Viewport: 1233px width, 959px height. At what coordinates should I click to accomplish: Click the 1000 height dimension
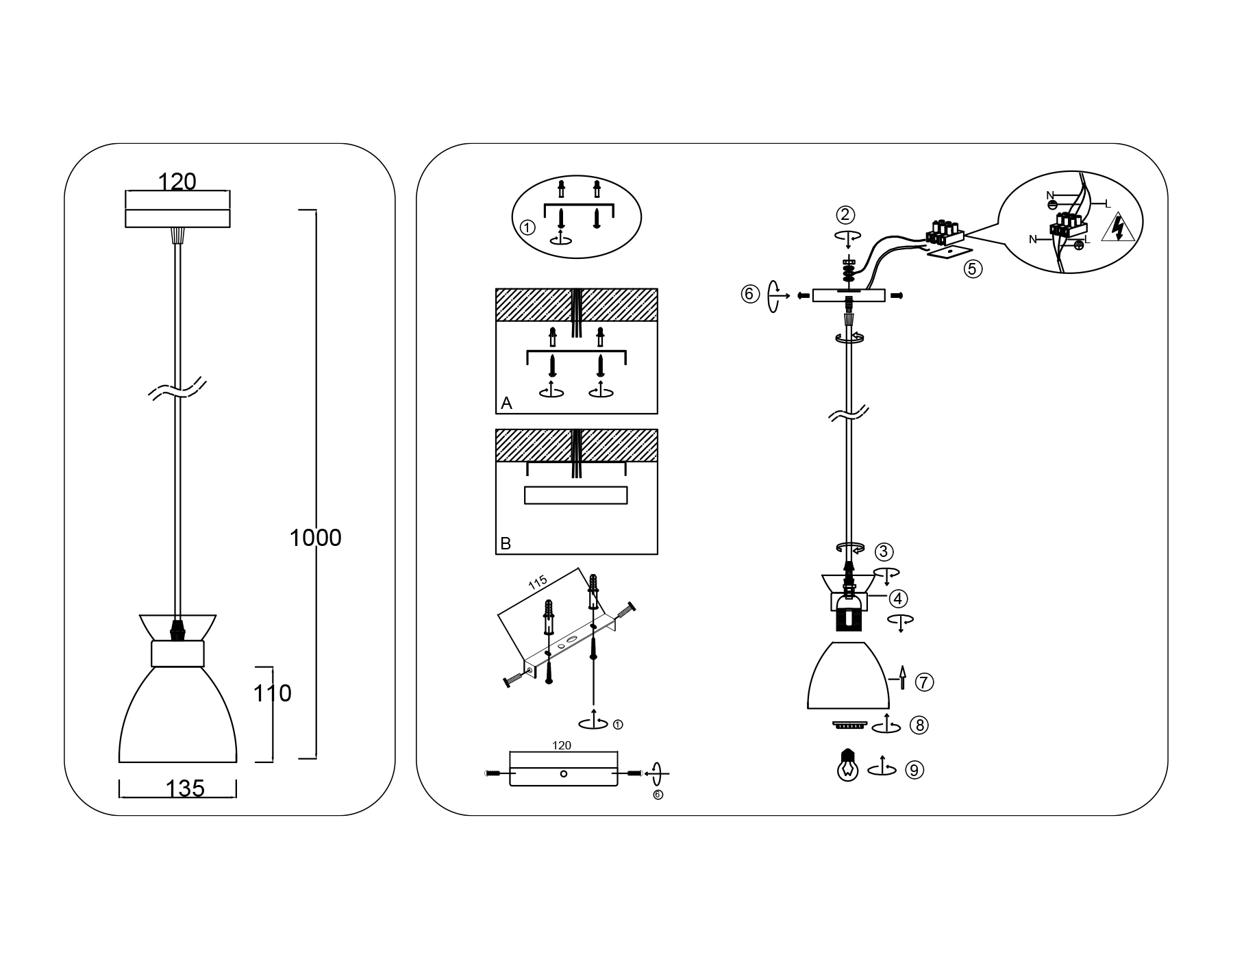click(315, 538)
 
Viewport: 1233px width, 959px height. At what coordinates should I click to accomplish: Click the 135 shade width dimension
click(185, 789)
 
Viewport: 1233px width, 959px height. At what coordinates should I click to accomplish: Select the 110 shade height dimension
click(273, 694)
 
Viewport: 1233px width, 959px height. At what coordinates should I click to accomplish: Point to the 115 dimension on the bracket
click(538, 582)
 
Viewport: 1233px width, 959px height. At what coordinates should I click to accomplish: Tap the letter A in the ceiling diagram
click(506, 403)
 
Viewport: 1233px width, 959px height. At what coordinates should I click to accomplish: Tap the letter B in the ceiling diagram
click(506, 544)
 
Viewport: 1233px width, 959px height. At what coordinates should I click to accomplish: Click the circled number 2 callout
click(845, 215)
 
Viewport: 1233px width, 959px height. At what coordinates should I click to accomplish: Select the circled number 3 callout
click(884, 551)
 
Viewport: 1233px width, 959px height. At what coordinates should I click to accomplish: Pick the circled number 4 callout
click(899, 599)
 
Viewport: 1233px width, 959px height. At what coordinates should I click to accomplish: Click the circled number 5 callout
click(972, 269)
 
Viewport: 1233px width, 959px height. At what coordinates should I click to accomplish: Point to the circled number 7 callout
click(924, 682)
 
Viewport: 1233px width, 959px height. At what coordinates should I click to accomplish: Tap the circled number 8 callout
click(919, 725)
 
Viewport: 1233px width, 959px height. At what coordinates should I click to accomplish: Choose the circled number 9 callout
click(914, 770)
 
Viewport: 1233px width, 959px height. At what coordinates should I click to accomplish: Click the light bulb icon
click(848, 765)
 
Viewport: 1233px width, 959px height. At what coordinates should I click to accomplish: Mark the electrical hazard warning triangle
click(1118, 229)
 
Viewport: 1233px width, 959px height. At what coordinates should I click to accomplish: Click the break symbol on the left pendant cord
click(177, 388)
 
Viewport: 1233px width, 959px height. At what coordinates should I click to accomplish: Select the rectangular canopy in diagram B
click(575, 495)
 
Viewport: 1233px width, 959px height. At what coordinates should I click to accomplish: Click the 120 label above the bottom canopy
click(562, 745)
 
